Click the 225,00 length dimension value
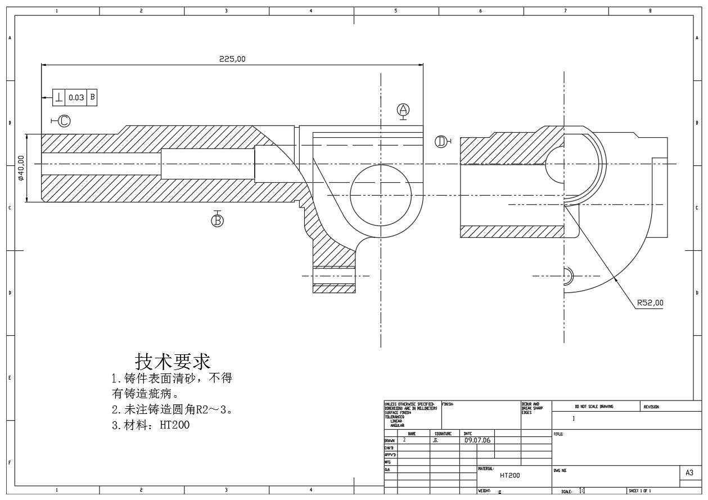[x=232, y=58]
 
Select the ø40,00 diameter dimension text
[x=21, y=168]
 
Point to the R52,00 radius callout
[x=650, y=303]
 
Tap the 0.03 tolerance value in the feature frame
[x=76, y=97]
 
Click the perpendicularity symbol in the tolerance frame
[x=59, y=97]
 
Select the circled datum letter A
[x=403, y=110]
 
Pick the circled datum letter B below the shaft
[x=217, y=220]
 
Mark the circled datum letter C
[x=64, y=120]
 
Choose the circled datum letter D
[x=441, y=141]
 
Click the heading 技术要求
[x=173, y=361]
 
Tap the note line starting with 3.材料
[x=151, y=425]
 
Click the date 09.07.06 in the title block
[x=477, y=440]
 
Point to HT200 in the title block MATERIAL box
[x=509, y=475]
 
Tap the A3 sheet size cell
[x=690, y=474]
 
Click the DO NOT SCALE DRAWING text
[x=594, y=406]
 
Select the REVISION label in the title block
[x=651, y=406]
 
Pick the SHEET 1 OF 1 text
[x=639, y=491]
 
